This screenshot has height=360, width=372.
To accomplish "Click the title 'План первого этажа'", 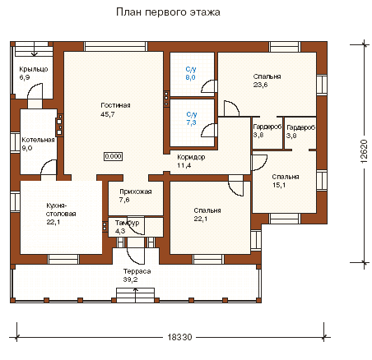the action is click(x=168, y=12).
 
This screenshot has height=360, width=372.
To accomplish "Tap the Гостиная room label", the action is click(x=115, y=105).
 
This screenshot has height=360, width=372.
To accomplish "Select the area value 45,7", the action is click(x=108, y=114).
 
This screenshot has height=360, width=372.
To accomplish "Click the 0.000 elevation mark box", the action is click(x=113, y=156).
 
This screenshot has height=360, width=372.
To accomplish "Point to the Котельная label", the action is click(x=38, y=140).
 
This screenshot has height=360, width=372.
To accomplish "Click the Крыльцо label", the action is click(x=34, y=69).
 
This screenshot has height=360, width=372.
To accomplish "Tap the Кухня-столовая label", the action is click(x=61, y=210).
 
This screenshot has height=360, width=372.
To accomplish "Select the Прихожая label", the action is click(x=136, y=192).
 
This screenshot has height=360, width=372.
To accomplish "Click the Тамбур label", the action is click(x=127, y=223).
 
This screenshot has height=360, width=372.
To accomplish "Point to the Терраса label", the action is click(x=137, y=271).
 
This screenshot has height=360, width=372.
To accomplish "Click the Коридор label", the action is click(x=191, y=157).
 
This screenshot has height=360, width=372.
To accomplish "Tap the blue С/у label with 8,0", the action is click(x=191, y=69).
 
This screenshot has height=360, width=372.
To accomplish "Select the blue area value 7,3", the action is click(x=192, y=122).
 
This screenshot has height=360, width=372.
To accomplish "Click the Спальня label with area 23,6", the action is click(x=267, y=76).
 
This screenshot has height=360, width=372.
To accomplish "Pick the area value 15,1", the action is click(x=279, y=185).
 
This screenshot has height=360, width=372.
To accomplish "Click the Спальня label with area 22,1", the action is click(x=207, y=210).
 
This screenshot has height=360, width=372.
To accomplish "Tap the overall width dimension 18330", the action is click(x=179, y=337).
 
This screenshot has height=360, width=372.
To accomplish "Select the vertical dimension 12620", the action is click(x=364, y=151).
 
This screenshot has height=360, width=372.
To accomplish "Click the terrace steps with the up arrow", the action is click(x=135, y=295).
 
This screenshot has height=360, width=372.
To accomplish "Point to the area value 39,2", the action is click(x=130, y=279).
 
